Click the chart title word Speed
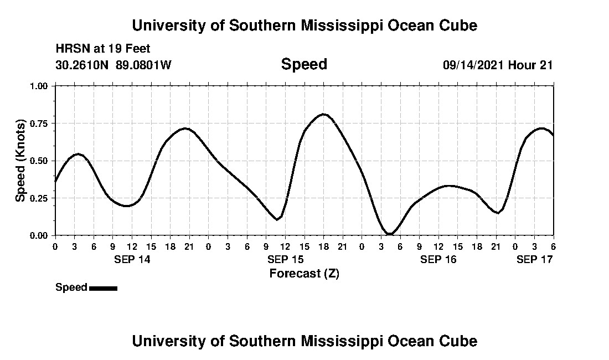[304, 64]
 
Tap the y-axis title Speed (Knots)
[20, 161]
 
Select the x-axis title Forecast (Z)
[304, 273]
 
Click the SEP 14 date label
[132, 259]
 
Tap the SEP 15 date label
[285, 259]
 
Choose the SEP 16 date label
[438, 259]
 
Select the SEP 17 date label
[534, 259]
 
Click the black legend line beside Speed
[103, 288]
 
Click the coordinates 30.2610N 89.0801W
[113, 65]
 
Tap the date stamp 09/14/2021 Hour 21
[498, 65]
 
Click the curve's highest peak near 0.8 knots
[324, 114]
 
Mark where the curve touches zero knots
[390, 234]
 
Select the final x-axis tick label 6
[553, 246]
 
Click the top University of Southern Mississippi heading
[304, 25]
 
